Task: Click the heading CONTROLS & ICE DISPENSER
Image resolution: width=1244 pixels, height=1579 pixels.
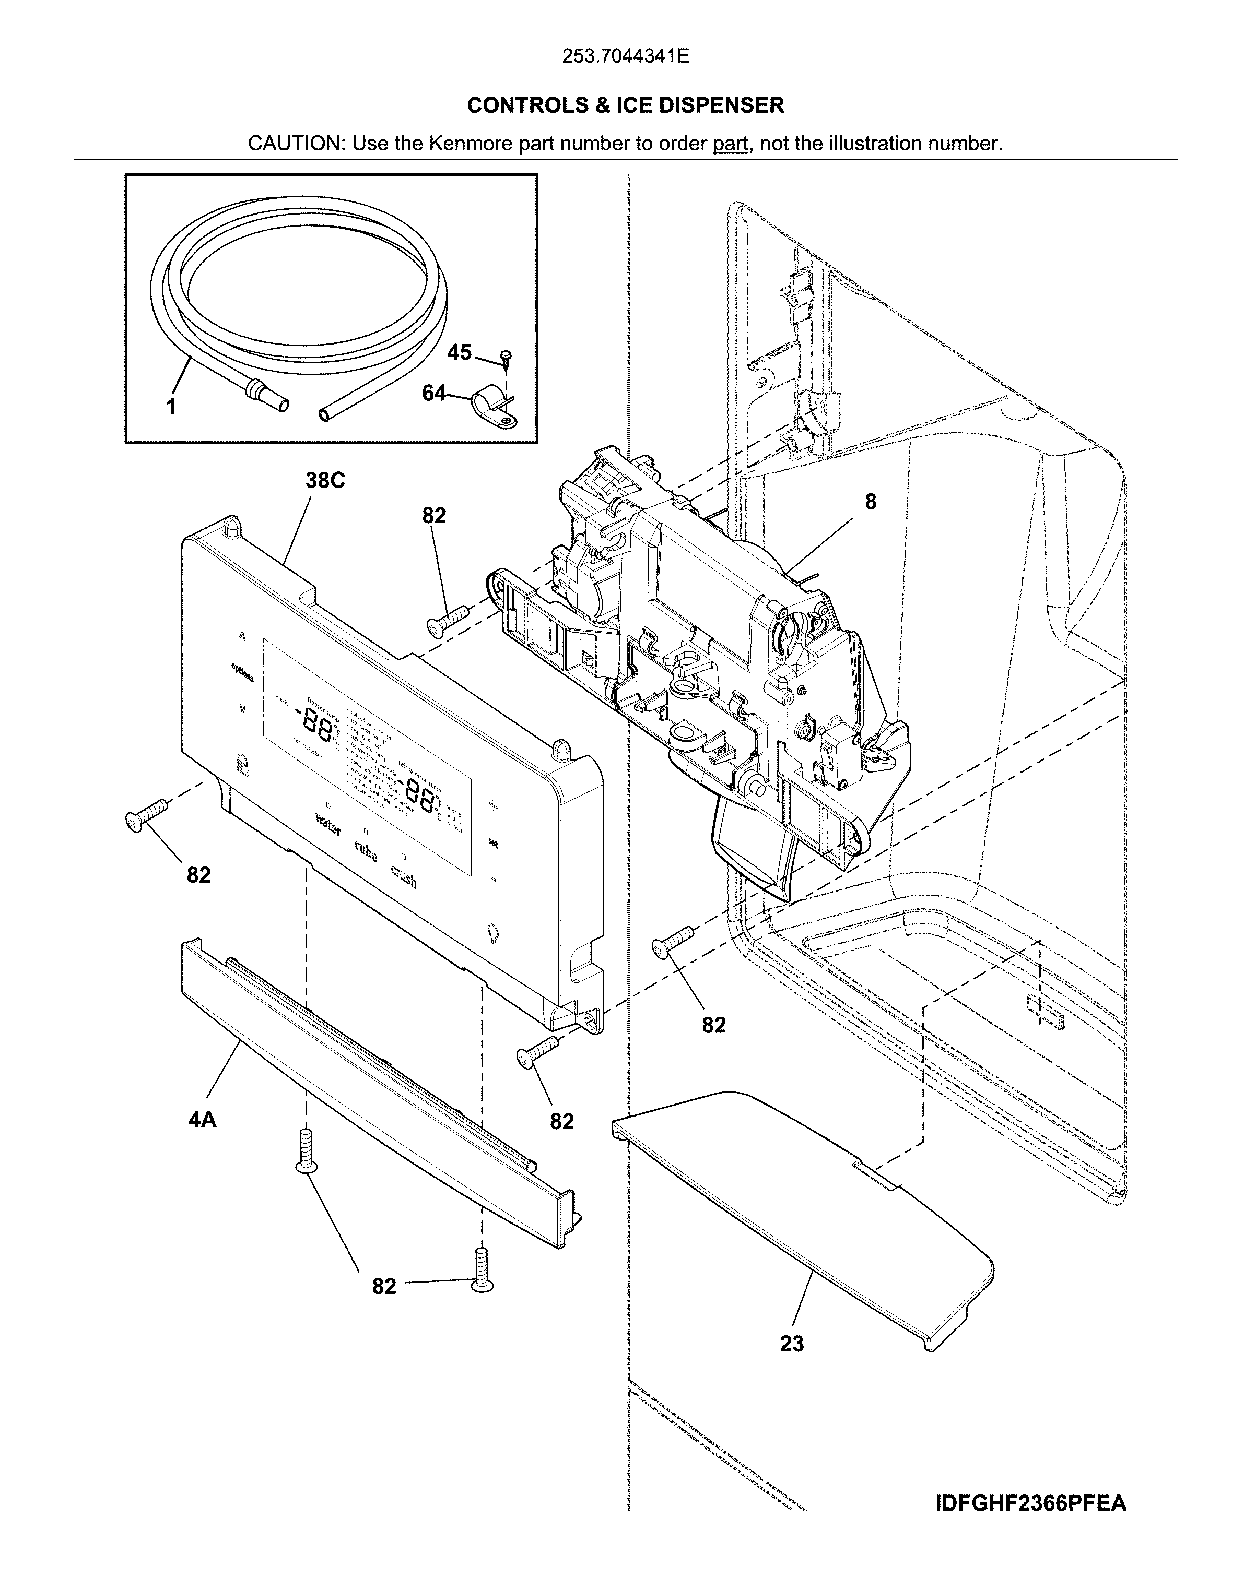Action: (x=625, y=105)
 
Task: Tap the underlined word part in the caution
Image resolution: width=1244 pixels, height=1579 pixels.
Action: (x=731, y=144)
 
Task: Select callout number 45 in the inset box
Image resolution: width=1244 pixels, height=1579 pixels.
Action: (x=459, y=352)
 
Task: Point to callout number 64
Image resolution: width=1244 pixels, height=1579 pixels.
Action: (x=434, y=393)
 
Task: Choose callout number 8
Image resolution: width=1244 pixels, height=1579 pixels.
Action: (x=871, y=502)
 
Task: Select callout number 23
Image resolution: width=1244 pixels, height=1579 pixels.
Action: (x=791, y=1343)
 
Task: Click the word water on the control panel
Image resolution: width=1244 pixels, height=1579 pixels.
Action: (x=328, y=826)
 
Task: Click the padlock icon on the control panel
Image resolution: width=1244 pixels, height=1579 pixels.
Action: (x=242, y=764)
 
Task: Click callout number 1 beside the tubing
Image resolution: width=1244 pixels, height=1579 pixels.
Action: (x=171, y=408)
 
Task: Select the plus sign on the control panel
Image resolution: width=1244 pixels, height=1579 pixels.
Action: (x=493, y=806)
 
